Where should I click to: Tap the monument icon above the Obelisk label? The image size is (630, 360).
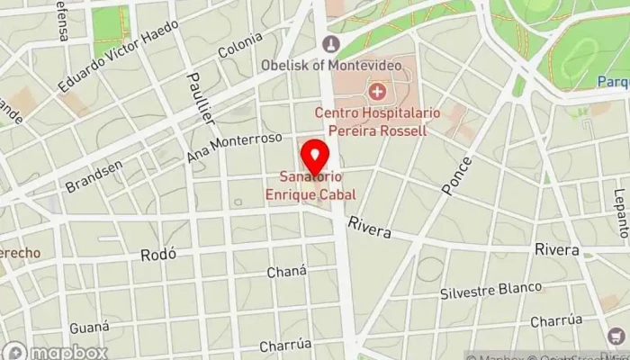(x=330, y=43)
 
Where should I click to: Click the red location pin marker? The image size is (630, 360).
(x=314, y=157)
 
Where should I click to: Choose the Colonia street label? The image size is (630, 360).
(x=241, y=45)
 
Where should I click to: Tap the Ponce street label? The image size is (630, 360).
(x=456, y=176)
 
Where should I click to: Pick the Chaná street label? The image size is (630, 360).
(x=287, y=272)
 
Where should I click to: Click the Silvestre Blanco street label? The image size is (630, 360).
(x=490, y=291)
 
